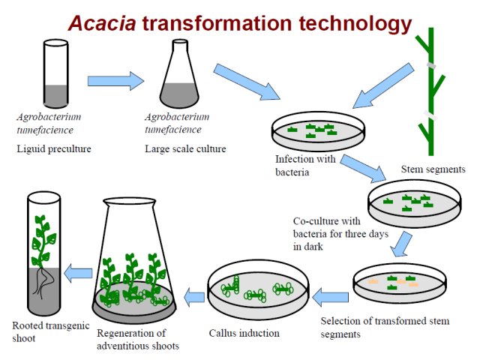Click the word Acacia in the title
(102, 23)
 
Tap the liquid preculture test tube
(55, 73)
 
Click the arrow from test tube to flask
(115, 81)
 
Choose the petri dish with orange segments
(400, 283)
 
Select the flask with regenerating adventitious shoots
(134, 260)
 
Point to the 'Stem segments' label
(433, 169)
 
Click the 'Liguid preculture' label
(54, 149)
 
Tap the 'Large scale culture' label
(185, 149)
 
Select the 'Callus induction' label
(244, 333)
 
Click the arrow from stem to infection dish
(383, 85)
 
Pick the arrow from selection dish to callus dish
(330, 297)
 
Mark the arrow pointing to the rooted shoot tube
(78, 273)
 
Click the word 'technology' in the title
(355, 25)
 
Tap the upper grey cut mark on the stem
(431, 66)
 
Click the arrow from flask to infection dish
(247, 82)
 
